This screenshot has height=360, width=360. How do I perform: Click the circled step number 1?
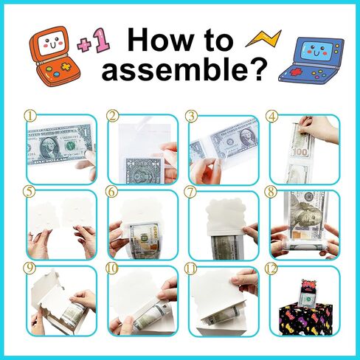tap(30, 117)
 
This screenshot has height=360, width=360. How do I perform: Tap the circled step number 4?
tap(271, 117)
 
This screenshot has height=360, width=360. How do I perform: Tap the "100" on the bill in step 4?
tap(300, 152)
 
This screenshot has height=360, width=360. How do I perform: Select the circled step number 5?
tap(30, 192)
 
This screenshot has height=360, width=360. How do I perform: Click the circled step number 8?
tap(272, 192)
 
